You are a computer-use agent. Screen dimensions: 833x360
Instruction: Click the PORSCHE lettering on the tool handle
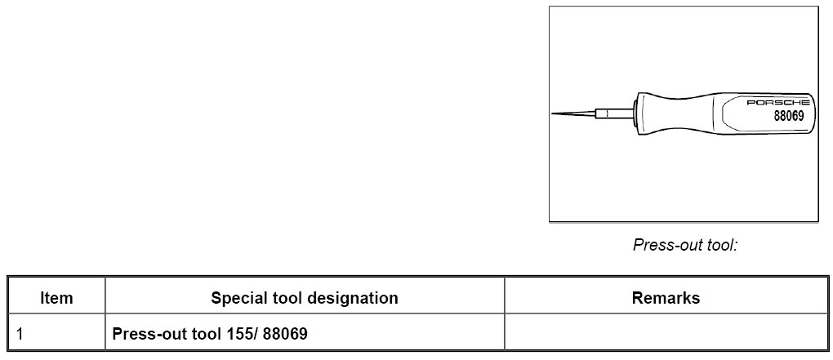[x=778, y=103]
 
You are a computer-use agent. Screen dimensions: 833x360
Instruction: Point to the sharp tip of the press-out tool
[x=555, y=113]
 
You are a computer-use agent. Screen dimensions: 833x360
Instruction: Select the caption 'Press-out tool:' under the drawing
[x=685, y=244]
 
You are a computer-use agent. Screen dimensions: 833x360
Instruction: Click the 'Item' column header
[x=56, y=298]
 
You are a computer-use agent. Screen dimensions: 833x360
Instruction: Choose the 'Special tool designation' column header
[x=305, y=298]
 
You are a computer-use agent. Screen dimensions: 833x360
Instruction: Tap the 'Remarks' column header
[x=666, y=298]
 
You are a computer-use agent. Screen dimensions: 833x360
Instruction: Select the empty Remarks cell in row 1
[x=666, y=334]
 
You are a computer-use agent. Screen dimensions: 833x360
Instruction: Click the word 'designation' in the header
[x=353, y=298]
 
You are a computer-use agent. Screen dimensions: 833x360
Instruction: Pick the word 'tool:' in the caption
[x=719, y=244]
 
